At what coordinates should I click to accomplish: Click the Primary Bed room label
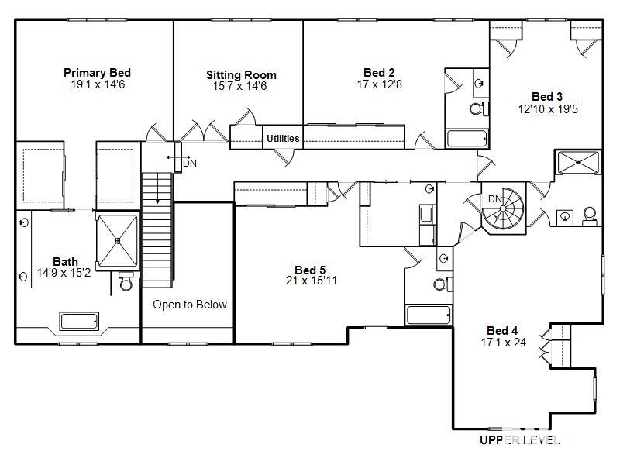coord(97,73)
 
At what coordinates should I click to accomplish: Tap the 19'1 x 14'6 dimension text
coord(97,84)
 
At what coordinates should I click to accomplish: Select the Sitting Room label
coord(241,75)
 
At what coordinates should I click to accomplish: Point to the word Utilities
coord(283,139)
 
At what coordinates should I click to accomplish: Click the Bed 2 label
coord(380,73)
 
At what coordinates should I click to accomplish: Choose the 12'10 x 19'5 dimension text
coord(547,108)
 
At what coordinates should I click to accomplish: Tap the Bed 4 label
coord(503,331)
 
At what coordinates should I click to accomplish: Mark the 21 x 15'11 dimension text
coord(312,281)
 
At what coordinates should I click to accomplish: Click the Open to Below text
coord(190,305)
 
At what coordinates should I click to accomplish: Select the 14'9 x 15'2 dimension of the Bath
coord(64,273)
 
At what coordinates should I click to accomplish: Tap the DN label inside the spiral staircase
coord(494,199)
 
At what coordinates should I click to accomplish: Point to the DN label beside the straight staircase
coord(189,164)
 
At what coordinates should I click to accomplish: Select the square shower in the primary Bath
coord(117,241)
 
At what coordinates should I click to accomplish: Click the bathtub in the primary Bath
coord(79,321)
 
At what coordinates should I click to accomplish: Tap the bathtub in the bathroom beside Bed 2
coord(467,139)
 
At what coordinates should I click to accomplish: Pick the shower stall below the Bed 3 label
coord(577,163)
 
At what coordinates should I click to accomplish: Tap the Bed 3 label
coord(547,97)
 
